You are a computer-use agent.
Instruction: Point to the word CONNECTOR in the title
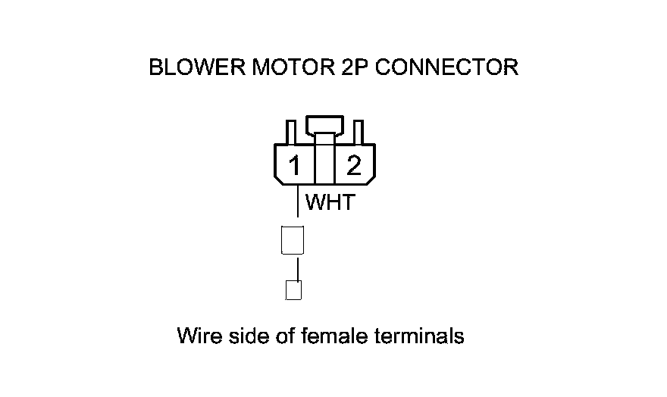click(x=447, y=67)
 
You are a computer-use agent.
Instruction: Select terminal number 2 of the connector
click(x=354, y=166)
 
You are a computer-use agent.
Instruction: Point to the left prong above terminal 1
click(x=290, y=132)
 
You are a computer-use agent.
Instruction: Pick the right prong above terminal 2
click(x=359, y=132)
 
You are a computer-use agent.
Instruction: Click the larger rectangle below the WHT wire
click(x=293, y=239)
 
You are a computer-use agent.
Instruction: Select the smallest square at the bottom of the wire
click(x=293, y=290)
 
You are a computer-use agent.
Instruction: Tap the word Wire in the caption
click(x=196, y=336)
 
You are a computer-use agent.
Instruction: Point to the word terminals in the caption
click(x=419, y=336)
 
